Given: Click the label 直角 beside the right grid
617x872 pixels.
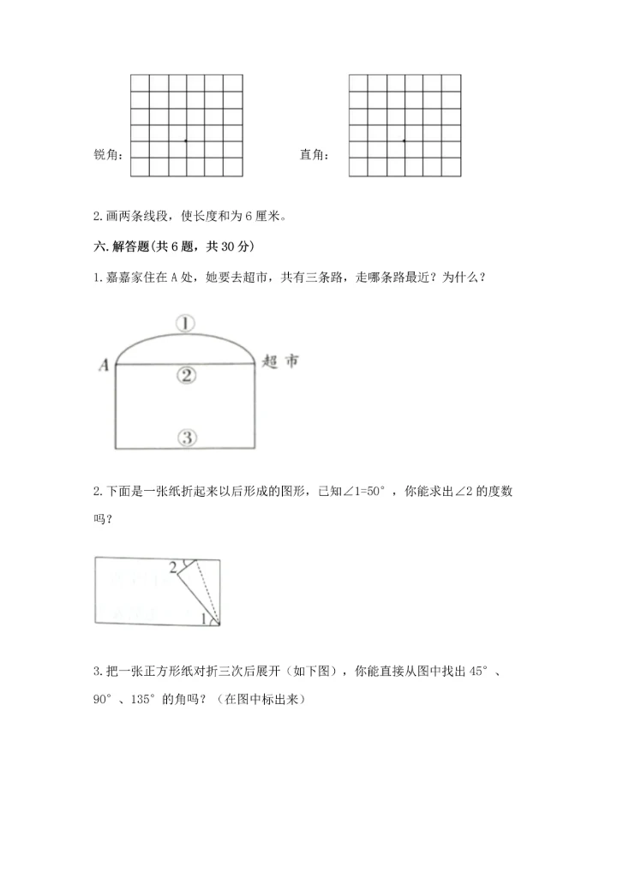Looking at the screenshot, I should coord(313,155).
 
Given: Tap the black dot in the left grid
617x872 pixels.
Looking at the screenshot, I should coord(186,140).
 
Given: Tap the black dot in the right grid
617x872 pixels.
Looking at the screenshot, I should coord(404,140).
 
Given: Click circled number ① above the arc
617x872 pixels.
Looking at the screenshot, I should coord(186,323).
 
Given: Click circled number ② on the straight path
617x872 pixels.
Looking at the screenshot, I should coord(187,374).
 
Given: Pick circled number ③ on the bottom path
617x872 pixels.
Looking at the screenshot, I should coord(188,438).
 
